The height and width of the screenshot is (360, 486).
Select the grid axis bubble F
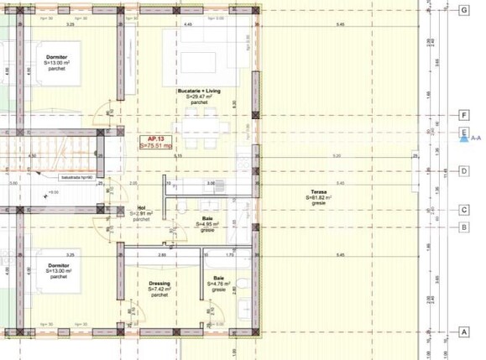pyautogui.click(x=464, y=115)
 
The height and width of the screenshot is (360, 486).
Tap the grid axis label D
pyautogui.click(x=464, y=171)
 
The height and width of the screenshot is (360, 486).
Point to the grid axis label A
pyautogui.click(x=464, y=332)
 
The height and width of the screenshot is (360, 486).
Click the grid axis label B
pyautogui.click(x=464, y=227)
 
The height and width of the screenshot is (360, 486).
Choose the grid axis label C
pyautogui.click(x=464, y=211)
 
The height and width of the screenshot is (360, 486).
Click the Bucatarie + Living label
pyautogui.click(x=199, y=90)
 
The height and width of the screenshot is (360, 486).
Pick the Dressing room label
pyautogui.click(x=159, y=284)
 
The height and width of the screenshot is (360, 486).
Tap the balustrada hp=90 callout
pyautogui.click(x=81, y=177)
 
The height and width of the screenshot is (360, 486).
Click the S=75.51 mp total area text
pyautogui.click(x=157, y=145)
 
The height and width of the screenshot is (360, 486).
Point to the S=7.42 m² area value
pyautogui.click(x=159, y=290)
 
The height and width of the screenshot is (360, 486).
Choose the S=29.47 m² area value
pyautogui.click(x=199, y=97)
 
